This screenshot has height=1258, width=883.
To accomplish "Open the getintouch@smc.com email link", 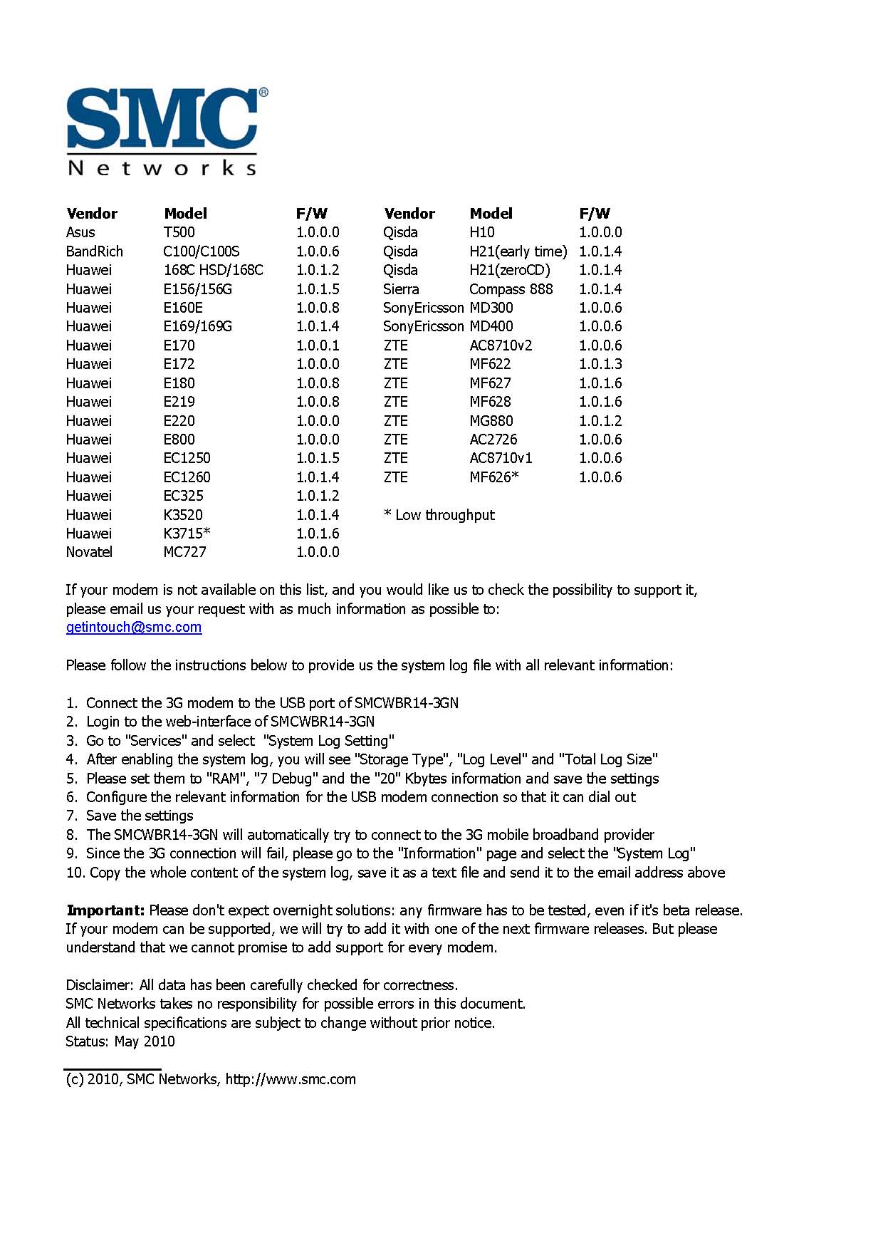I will [133, 628].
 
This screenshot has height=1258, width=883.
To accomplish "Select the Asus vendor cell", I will [80, 232].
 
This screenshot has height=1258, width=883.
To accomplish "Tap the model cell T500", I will [179, 232].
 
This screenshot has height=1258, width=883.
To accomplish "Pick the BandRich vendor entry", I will [94, 251].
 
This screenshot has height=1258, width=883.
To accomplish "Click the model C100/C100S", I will [201, 251].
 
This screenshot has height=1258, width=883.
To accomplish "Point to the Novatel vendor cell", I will [89, 552].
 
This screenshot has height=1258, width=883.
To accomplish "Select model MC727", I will [184, 552].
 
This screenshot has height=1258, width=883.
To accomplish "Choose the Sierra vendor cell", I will [401, 289].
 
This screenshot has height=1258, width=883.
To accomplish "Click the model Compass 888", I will [511, 289].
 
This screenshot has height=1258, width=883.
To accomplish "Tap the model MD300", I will [491, 308].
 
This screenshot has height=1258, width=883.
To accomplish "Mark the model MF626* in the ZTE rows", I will [493, 477].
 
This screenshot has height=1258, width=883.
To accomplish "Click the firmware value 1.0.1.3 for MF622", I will [600, 364].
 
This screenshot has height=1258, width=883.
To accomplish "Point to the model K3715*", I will [187, 534].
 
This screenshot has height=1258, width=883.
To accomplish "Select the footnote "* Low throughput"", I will [439, 515].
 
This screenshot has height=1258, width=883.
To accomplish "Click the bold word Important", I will [105, 910].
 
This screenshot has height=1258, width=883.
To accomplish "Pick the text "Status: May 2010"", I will [120, 1041].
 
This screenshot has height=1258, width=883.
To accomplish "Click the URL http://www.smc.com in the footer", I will [291, 1079].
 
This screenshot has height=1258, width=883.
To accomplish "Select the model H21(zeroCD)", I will [509, 270].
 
